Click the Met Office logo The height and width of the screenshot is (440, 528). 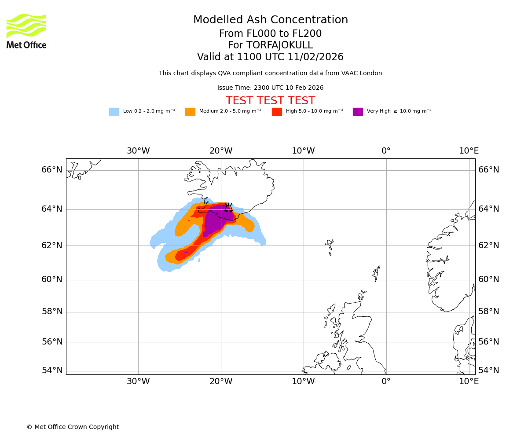(x=26, y=31)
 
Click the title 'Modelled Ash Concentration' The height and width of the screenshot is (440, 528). (x=271, y=20)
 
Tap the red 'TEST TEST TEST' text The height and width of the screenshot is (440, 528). (x=270, y=101)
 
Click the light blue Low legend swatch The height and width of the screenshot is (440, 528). (x=114, y=112)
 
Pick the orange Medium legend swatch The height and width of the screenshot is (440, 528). (x=190, y=112)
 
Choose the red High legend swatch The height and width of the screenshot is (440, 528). (x=277, y=112)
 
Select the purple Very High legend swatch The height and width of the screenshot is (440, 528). (x=358, y=112)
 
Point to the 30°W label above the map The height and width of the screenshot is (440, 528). (x=138, y=151)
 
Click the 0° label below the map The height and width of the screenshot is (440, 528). (x=386, y=381)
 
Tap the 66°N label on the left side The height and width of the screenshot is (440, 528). (x=52, y=170)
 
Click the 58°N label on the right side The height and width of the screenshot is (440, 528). (x=489, y=312)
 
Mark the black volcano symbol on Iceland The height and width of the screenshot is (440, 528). (x=228, y=207)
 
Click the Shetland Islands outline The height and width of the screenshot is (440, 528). (x=376, y=273)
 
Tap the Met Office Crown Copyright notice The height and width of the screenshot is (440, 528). (x=73, y=427)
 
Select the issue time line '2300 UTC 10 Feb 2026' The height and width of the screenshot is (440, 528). (x=270, y=88)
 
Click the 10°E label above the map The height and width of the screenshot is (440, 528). (x=469, y=151)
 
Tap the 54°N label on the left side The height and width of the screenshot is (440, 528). (x=52, y=370)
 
